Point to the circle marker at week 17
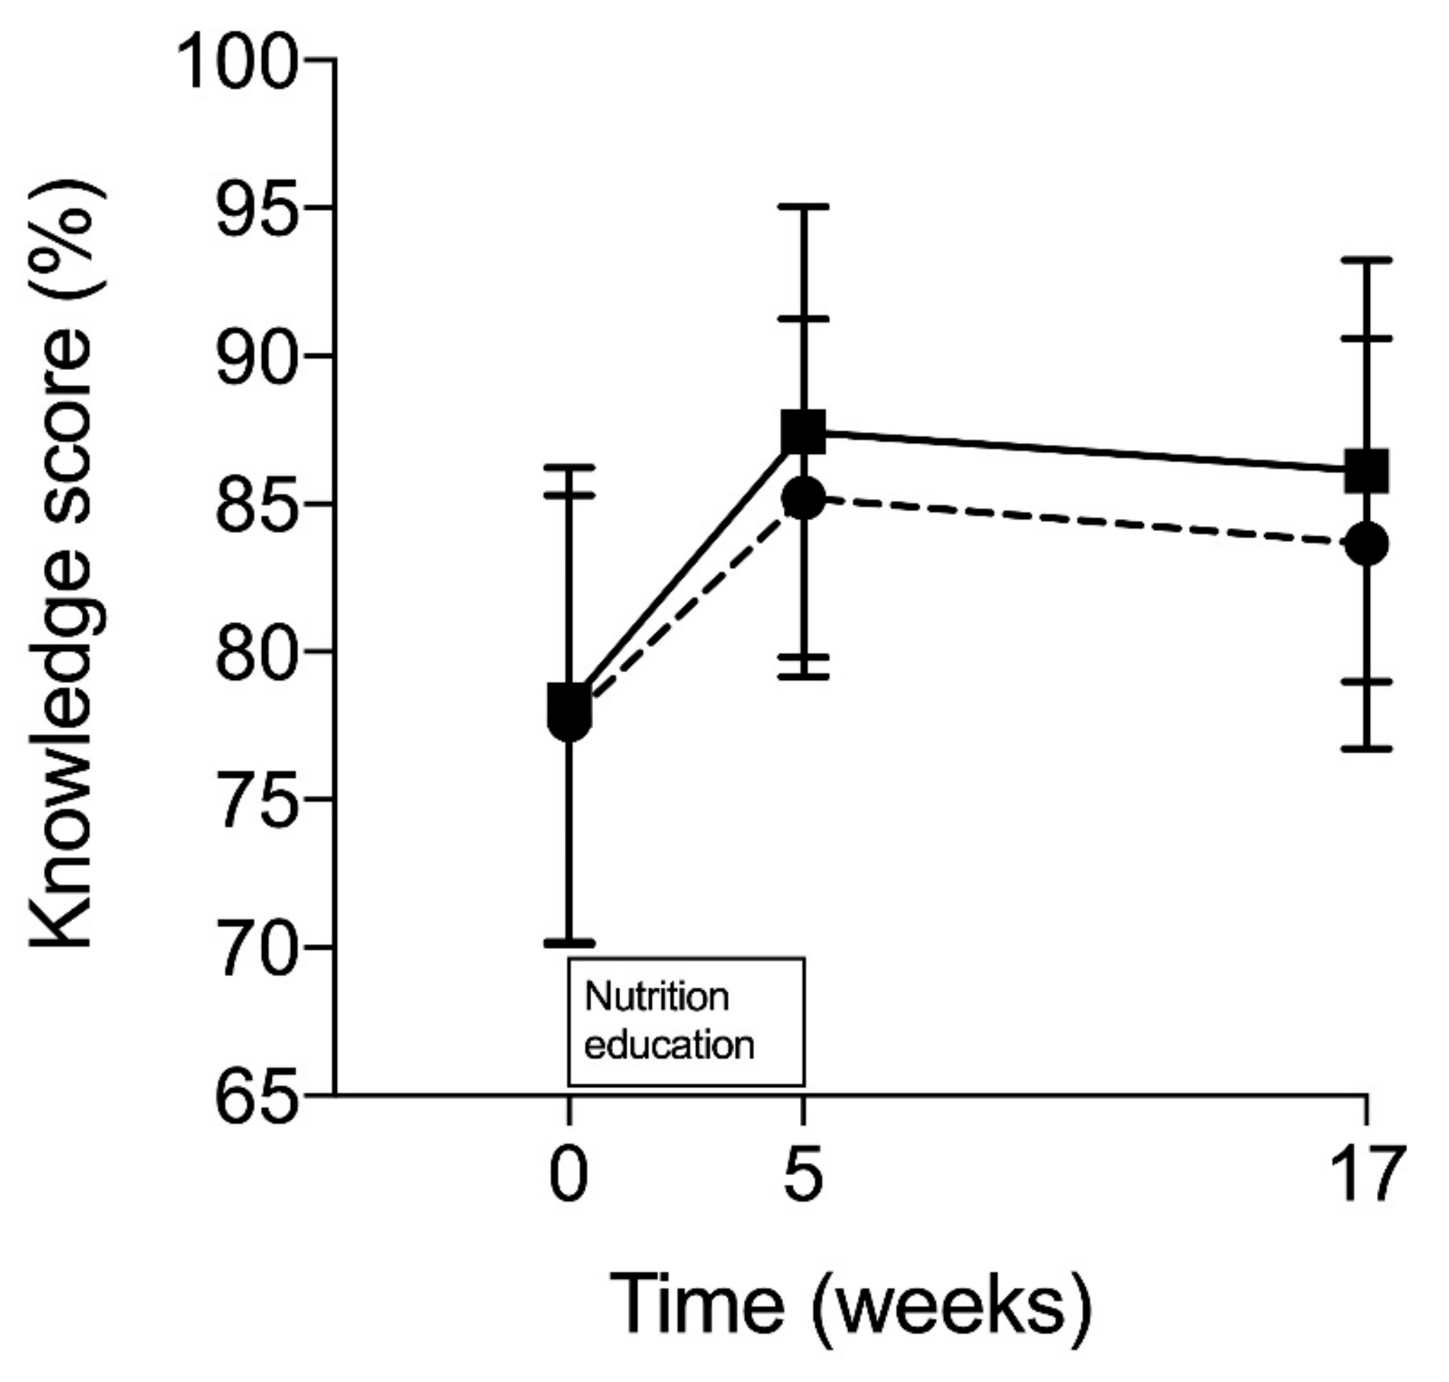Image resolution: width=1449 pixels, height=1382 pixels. coord(1366,544)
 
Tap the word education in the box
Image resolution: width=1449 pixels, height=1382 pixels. coord(669,1046)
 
